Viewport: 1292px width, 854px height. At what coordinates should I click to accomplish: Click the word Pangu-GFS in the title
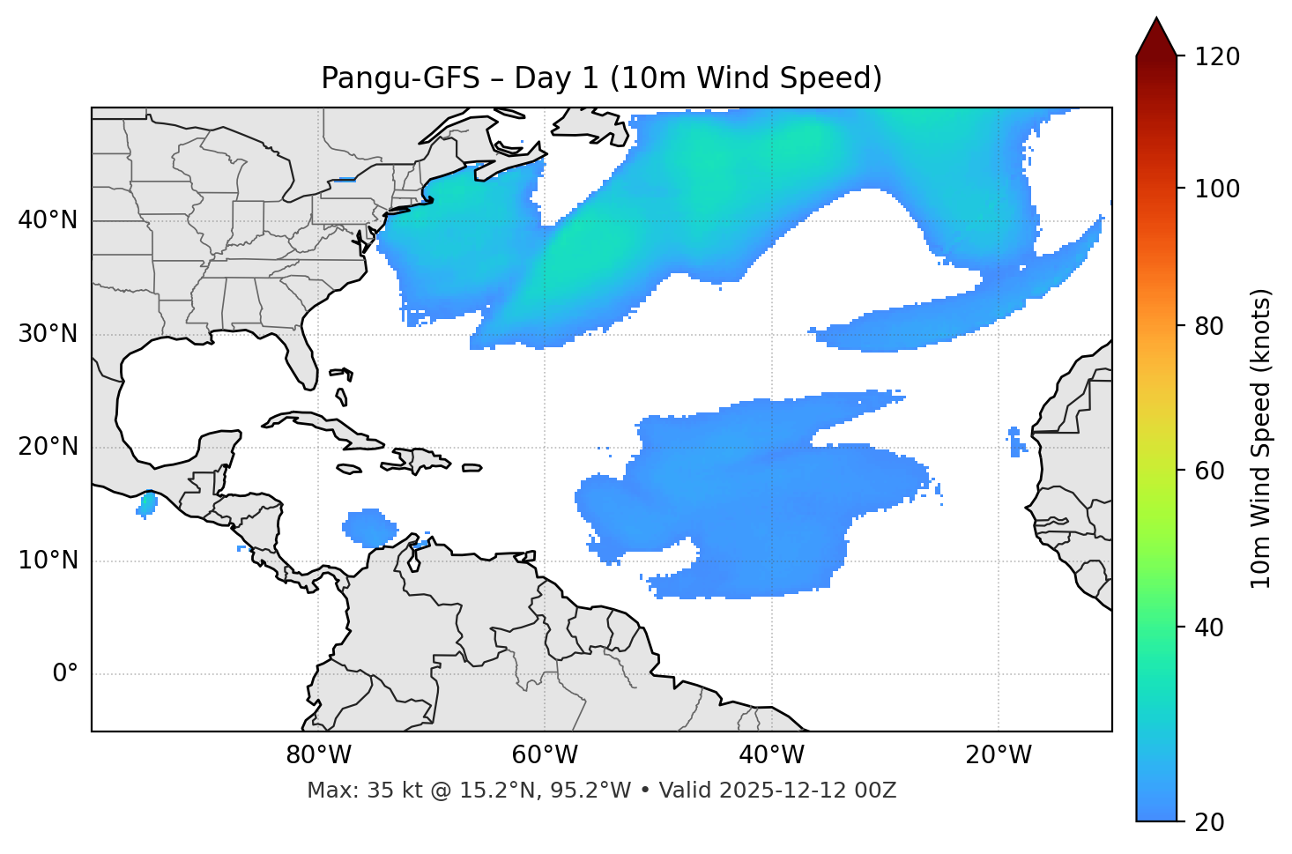coord(400,78)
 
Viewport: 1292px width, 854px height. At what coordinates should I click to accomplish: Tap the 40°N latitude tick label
coord(48,220)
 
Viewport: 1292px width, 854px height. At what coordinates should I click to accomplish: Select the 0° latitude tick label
coord(65,674)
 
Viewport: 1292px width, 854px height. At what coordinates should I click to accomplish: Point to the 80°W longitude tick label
coord(318,755)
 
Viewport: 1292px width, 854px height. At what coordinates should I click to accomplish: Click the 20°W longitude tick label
coord(999,755)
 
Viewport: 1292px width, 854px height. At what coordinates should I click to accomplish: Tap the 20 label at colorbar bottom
coord(1208,822)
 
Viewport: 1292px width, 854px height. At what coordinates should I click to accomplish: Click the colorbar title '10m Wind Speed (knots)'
coord(1261,438)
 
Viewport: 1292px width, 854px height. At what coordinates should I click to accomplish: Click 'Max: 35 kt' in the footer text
coord(349,791)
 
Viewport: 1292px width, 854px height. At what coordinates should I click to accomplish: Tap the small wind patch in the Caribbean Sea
coord(368,528)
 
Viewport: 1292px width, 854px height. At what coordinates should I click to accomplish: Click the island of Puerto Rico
coord(472,468)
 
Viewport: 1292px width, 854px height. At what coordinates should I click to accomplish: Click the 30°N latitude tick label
coord(48,335)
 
